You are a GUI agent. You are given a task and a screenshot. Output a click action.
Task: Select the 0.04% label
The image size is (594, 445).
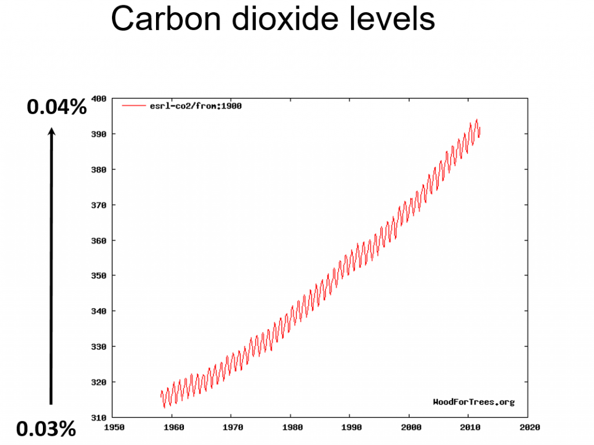57,107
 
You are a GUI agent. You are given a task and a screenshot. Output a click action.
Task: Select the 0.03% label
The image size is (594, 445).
46,429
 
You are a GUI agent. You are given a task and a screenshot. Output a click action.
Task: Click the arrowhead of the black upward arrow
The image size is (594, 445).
52,133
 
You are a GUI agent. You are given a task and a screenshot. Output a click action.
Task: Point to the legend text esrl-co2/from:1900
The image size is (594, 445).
195,106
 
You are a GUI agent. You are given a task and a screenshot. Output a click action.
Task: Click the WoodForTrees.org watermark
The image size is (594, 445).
473,402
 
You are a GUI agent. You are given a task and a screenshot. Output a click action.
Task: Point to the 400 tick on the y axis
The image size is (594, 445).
99,99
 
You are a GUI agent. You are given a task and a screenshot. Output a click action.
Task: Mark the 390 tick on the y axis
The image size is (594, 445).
99,134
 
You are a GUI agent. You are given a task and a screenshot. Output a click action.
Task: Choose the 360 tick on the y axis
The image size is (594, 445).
99,240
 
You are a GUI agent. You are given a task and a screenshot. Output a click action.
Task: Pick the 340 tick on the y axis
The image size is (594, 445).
99,311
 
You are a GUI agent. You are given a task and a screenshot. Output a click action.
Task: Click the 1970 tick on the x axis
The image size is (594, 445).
231,428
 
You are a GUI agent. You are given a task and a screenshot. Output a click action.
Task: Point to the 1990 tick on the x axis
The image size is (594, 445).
350,428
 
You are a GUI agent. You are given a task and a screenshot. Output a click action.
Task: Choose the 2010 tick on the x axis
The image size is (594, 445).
469,428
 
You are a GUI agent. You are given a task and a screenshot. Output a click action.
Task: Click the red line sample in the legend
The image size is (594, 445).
133,106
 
